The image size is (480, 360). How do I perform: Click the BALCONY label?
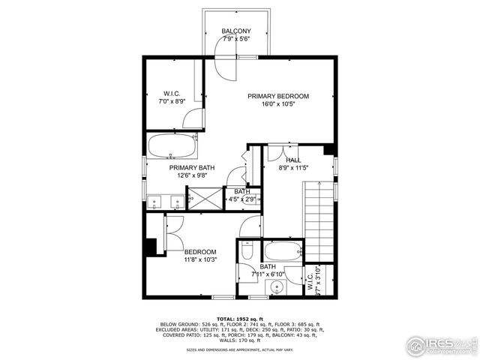click(236, 31)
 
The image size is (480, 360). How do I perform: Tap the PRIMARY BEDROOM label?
click(279, 96)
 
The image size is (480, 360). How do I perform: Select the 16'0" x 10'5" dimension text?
click(279, 105)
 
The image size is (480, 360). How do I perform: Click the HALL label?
click(293, 160)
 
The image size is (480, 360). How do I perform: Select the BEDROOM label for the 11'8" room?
click(200, 252)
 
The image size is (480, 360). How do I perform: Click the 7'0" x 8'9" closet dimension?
click(172, 101)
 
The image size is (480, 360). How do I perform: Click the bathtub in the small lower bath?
click(282, 251)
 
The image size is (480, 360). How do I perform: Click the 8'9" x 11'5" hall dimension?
click(293, 169)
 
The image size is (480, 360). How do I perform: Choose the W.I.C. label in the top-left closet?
click(172, 94)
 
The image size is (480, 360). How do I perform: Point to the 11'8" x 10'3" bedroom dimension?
click(200, 260)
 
